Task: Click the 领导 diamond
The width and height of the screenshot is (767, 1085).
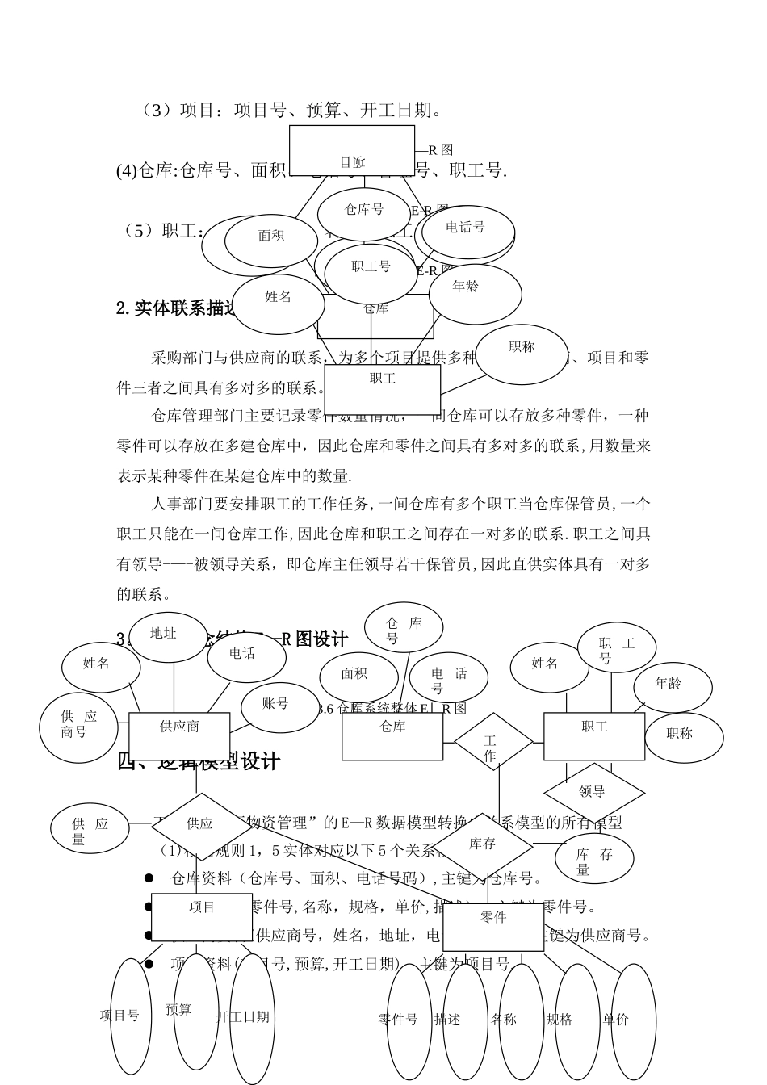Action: pos(593,792)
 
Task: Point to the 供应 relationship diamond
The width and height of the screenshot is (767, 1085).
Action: pos(199,823)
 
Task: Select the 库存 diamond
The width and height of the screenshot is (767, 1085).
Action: pos(482,845)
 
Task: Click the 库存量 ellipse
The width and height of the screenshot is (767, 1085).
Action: pos(594,861)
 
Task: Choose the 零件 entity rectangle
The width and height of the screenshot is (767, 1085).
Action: pos(493,927)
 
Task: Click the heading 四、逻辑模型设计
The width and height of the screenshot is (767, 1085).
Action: pos(199,761)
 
